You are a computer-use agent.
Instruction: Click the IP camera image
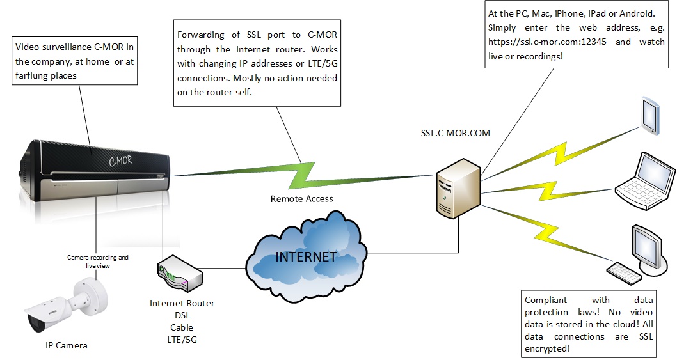(65, 306)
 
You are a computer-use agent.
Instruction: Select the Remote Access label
(301, 199)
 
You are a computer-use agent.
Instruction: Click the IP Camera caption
(66, 345)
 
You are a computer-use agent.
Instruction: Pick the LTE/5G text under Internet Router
(182, 340)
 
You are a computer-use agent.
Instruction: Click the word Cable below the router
(182, 327)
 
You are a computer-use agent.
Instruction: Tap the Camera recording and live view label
(98, 261)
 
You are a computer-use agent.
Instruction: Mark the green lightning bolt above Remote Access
(302, 173)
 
